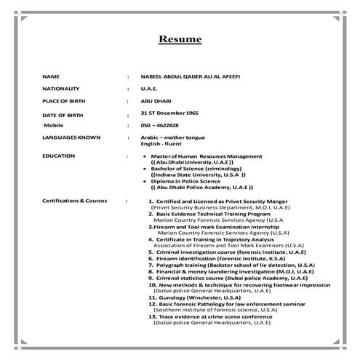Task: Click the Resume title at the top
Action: (x=180, y=39)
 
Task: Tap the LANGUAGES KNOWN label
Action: (x=71, y=137)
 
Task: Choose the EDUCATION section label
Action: (x=58, y=156)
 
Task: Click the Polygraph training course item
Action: (x=231, y=265)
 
